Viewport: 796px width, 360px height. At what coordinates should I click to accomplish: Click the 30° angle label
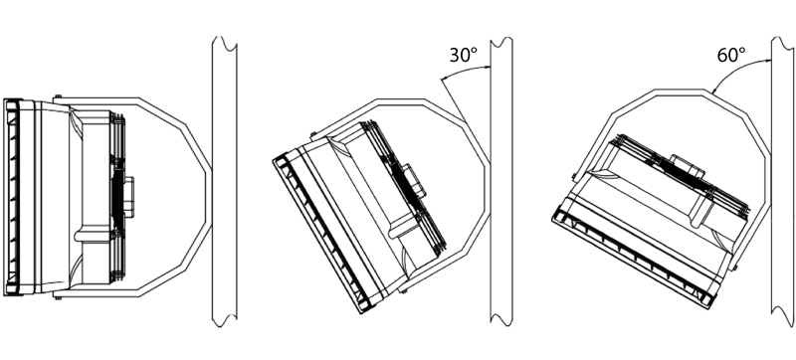464,55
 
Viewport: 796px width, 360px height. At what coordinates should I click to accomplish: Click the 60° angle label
731,55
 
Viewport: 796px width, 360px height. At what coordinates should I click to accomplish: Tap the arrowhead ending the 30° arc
443,80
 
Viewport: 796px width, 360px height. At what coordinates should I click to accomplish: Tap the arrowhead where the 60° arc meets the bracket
714,90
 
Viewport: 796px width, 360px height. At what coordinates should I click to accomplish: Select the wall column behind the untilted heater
225,181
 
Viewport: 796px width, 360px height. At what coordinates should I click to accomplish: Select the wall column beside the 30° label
501,181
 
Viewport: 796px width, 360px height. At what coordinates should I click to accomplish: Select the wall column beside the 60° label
782,181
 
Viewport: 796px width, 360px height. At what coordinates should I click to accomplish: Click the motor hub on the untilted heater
128,196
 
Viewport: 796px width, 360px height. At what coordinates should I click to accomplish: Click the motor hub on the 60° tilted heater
687,166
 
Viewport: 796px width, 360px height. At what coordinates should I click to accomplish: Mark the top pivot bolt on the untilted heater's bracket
59,95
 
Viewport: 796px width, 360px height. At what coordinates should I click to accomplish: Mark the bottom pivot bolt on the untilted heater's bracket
59,297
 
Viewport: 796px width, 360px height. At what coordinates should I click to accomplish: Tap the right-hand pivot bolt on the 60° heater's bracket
734,267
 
